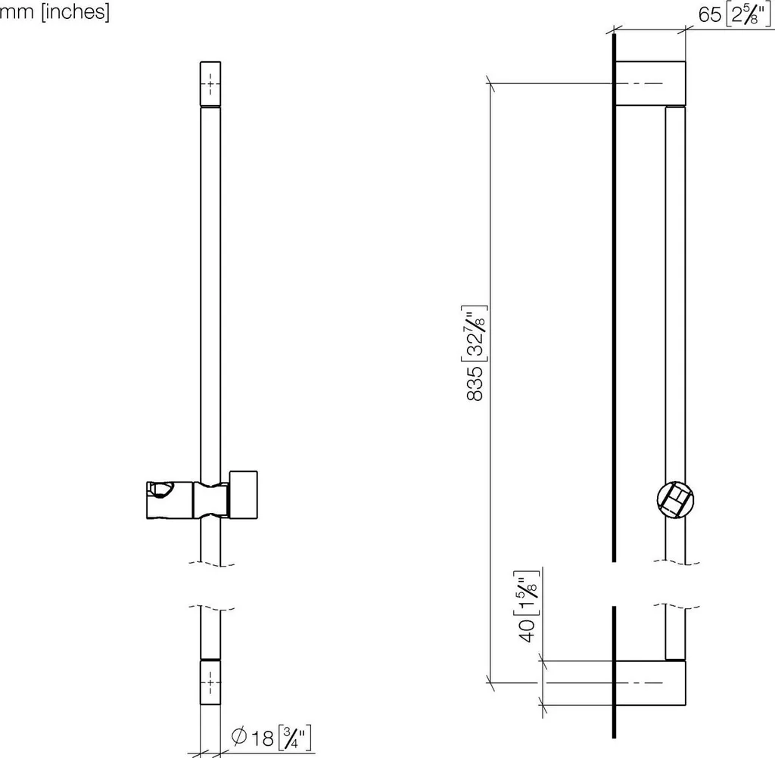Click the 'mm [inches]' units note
(54, 11)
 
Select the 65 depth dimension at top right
(710, 15)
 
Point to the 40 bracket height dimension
(528, 630)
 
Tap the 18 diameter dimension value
(263, 738)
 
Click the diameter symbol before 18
(239, 737)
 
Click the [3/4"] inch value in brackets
(295, 738)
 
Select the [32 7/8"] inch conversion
(475, 334)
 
